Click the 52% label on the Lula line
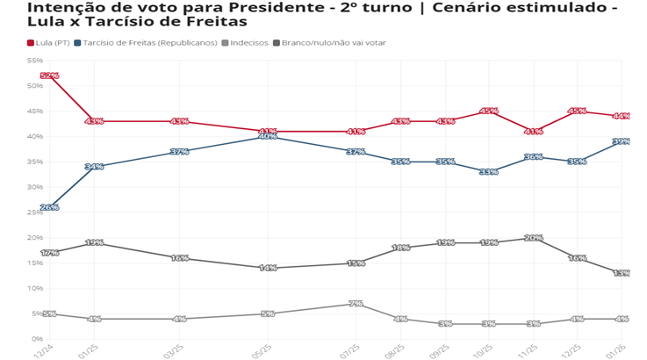click(49, 76)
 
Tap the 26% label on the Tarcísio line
click(49, 208)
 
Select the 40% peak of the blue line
click(268, 136)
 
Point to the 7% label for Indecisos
click(356, 304)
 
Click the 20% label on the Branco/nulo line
click(533, 238)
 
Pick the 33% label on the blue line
click(489, 172)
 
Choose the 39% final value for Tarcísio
click(622, 141)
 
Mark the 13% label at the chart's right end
click(622, 273)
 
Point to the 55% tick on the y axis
click(35, 61)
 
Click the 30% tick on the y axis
click(35, 187)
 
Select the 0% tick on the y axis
click(38, 339)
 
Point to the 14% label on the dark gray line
click(268, 268)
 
